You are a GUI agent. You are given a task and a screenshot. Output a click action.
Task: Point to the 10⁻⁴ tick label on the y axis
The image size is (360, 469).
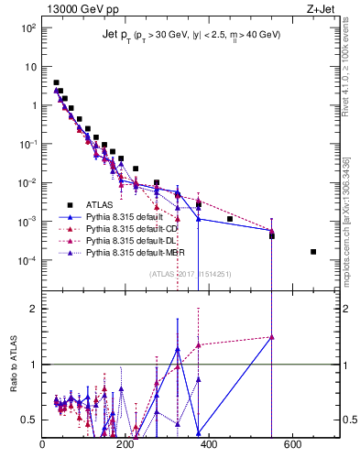tap(28, 260)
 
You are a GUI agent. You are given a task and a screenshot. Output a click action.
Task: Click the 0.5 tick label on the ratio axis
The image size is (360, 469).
tap(30, 420)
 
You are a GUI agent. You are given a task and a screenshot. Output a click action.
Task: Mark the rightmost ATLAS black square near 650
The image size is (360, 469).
tap(313, 252)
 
